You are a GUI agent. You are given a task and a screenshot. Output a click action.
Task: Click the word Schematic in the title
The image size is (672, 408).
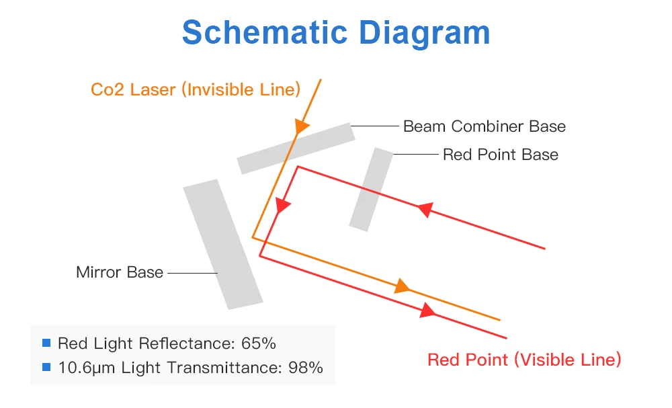pos(260,32)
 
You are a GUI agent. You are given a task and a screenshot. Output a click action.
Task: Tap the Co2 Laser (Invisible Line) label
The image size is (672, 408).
pos(196,89)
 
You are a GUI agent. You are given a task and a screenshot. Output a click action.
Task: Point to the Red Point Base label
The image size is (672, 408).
pos(500,155)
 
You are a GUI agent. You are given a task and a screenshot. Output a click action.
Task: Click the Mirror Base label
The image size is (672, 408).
pos(120,272)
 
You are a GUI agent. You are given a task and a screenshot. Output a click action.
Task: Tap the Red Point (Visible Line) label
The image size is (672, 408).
pos(524,360)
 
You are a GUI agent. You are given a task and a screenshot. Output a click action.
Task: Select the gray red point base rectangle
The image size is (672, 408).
pos(371,189)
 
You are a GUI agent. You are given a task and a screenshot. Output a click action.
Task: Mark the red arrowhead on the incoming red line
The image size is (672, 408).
pos(425,210)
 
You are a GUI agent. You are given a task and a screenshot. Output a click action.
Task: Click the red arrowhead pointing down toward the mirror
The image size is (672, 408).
pos(283,206)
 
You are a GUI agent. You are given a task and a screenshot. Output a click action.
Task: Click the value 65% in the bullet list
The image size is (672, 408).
pos(259,343)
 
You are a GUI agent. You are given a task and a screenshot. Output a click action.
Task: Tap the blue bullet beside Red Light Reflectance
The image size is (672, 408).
pos(46,343)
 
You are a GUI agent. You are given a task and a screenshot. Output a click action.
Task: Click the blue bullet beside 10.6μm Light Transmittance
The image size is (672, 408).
pos(46,367)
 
